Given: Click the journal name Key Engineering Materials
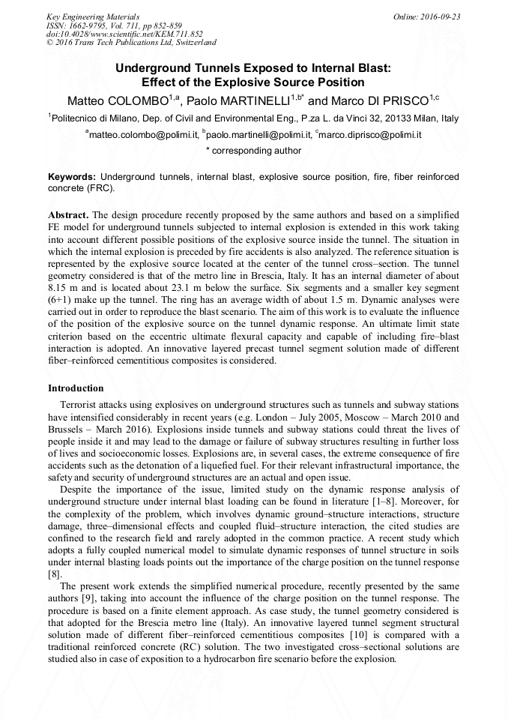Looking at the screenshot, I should [x=92, y=16].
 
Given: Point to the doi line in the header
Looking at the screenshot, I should [x=124, y=34].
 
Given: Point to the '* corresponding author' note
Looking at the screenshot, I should [x=253, y=151].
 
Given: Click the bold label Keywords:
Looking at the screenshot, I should [x=72, y=177].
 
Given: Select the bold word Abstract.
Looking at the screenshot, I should [x=69, y=214].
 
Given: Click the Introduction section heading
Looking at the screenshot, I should [x=76, y=388].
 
